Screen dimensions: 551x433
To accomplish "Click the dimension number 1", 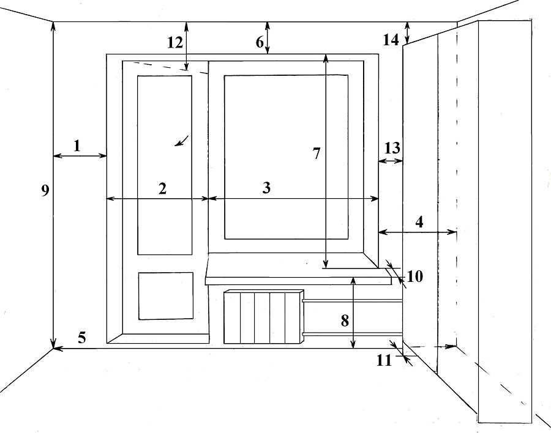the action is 77,146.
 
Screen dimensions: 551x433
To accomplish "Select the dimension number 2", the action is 162,189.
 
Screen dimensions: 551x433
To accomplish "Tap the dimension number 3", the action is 266,188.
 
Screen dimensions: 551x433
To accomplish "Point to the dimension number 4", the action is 419,222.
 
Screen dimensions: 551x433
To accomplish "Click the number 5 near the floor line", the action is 81,338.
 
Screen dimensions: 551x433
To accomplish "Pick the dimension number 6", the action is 260,42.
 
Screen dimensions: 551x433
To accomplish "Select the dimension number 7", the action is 317,154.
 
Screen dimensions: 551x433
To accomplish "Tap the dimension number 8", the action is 345,321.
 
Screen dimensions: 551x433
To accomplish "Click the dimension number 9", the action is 45,191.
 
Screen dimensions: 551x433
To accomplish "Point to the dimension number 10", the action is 414,276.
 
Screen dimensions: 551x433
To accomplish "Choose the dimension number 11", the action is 384,360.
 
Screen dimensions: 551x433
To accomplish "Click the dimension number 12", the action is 174,42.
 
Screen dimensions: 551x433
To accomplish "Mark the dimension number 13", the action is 392,148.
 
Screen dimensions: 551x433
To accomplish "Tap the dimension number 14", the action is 391,40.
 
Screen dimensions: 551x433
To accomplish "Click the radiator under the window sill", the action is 263,317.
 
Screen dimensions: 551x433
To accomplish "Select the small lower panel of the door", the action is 166,295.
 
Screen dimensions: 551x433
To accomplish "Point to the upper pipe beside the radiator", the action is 353,301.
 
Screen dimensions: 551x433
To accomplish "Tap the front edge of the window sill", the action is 299,280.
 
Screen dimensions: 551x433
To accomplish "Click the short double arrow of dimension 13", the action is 391,161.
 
